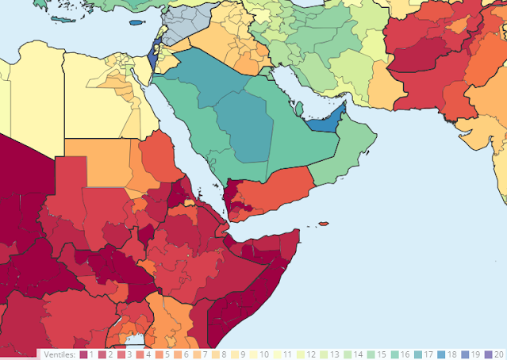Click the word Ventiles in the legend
[59, 354]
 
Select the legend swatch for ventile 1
[83, 354]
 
